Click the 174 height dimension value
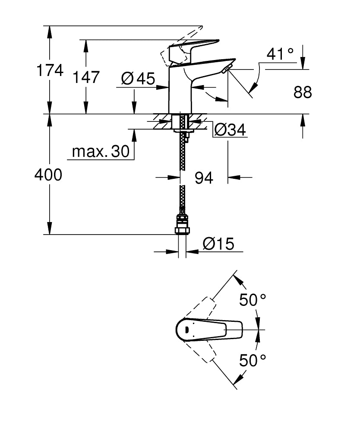50,70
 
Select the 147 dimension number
86,77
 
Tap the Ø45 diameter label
138,78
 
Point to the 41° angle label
280,54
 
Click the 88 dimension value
303,92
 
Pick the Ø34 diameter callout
230,129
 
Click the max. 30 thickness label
101,151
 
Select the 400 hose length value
48,175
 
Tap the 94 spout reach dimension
204,178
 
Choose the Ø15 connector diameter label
218,244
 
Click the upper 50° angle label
253,299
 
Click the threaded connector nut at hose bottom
182,225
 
